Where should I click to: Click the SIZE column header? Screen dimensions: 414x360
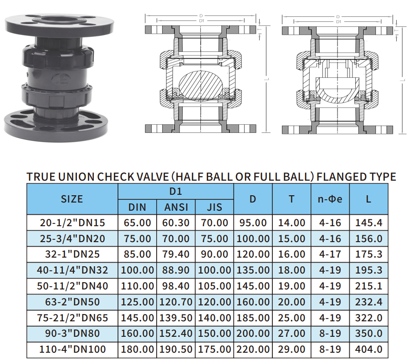coord(72,199)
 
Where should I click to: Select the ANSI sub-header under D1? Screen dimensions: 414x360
coord(176,208)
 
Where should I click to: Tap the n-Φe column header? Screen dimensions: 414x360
coord(330,199)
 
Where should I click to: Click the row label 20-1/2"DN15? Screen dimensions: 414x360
coord(72,223)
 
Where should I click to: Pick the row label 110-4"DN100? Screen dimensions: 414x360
coord(72,350)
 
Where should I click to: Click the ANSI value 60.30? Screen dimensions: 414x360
coord(176,223)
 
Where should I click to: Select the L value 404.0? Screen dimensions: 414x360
coord(368,350)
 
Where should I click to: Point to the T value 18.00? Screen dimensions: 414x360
coord(291,270)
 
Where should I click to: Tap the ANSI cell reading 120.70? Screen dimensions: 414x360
coord(176,302)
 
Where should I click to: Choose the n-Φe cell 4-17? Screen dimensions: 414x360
coord(330,254)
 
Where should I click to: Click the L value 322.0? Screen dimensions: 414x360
coord(368,318)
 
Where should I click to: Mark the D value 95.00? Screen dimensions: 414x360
coord(253,223)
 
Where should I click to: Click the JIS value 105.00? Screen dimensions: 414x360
coord(215,286)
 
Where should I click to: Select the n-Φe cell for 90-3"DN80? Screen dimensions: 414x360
coord(330,334)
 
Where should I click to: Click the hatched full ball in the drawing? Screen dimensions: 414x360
coord(200,86)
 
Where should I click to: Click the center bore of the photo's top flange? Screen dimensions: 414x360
coord(59,19)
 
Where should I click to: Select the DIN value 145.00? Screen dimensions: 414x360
coord(137,318)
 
